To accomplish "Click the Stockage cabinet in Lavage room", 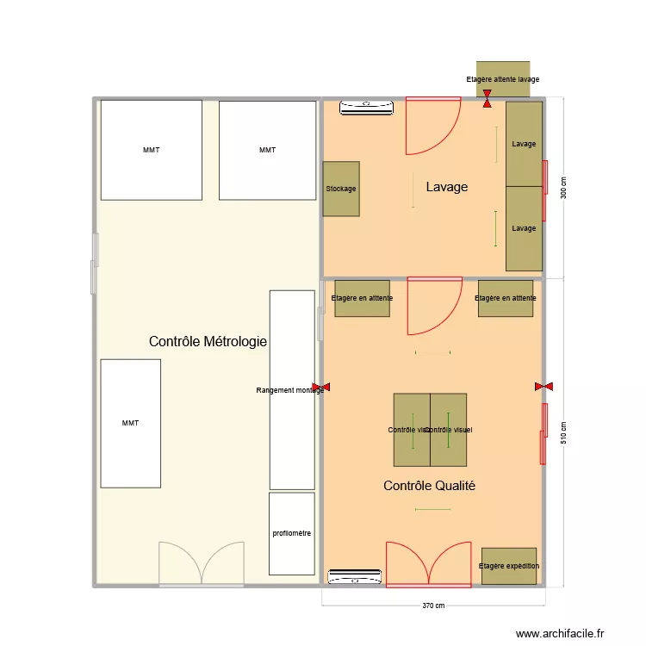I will point(340,189).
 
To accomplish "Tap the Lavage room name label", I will point(446,186).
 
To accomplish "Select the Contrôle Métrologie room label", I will point(208,342).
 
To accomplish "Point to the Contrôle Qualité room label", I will point(429,486).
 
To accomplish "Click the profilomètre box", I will point(292,533).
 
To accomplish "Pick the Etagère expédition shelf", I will point(508,566).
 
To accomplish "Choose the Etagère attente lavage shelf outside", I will point(503,78).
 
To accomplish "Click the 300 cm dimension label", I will point(563,188).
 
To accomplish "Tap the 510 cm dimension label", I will point(563,432).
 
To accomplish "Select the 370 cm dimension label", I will point(432,606).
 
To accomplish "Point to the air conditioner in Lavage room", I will point(367,108).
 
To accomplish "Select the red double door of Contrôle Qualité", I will point(428,564).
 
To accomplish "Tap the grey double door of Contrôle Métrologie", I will point(201,565).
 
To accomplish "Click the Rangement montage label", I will point(290,390).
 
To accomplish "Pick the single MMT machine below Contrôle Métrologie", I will point(130,423).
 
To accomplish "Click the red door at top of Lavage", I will point(433,127).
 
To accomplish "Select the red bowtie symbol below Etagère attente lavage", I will point(488,98).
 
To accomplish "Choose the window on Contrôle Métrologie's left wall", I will point(95,264).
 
